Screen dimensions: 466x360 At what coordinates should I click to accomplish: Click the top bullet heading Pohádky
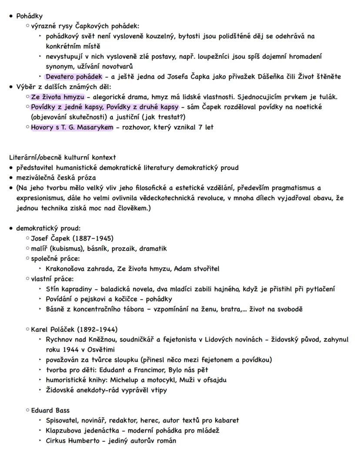tap(29, 16)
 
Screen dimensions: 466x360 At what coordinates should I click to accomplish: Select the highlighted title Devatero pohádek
tap(74, 77)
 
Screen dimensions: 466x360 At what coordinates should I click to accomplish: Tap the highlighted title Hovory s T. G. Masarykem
tap(72, 127)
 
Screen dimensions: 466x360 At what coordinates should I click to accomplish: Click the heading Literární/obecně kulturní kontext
tap(62, 158)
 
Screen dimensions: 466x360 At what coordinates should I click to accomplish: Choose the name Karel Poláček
tap(53, 329)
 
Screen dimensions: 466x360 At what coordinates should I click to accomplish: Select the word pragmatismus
tap(290, 188)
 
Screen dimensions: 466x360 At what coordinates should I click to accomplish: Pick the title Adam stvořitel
tap(197, 269)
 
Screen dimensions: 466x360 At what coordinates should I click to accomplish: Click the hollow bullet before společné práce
tap(28, 259)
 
